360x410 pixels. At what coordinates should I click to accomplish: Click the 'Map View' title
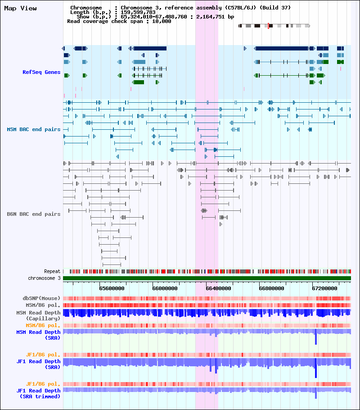(x=20, y=9)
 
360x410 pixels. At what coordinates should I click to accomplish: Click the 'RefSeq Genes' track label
(x=41, y=72)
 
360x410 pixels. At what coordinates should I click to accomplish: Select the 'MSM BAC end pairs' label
(x=34, y=129)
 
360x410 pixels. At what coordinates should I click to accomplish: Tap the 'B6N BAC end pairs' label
(x=34, y=214)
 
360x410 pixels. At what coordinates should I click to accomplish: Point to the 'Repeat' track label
(x=52, y=271)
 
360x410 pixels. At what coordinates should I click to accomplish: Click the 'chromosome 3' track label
(x=44, y=278)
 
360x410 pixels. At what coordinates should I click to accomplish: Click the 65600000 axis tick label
(x=112, y=288)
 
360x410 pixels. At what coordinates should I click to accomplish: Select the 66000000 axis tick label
(x=165, y=288)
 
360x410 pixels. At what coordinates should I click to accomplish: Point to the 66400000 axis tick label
(x=218, y=288)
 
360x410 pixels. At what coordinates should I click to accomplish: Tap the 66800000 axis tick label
(x=271, y=288)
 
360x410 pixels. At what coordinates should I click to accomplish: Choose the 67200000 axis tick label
(x=325, y=288)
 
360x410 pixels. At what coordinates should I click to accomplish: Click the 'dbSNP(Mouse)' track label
(x=41, y=298)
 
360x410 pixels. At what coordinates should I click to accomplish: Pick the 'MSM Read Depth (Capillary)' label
(x=38, y=315)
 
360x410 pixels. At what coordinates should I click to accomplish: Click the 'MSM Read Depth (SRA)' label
(x=38, y=335)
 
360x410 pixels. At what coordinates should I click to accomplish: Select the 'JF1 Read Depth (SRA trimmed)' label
(x=38, y=393)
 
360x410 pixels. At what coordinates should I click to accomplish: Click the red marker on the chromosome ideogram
(x=268, y=26)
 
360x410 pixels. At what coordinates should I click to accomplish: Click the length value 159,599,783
(x=138, y=12)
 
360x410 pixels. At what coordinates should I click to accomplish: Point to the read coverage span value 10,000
(x=162, y=22)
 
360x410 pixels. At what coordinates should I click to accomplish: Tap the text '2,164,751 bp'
(x=215, y=17)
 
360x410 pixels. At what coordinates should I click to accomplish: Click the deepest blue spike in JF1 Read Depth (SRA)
(x=316, y=368)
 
